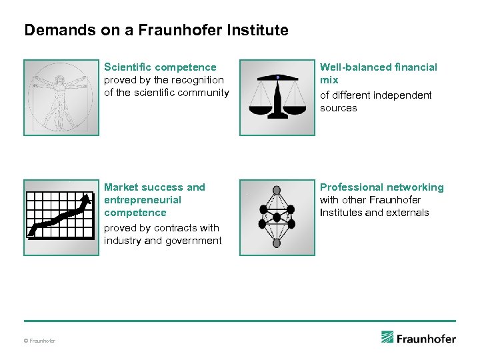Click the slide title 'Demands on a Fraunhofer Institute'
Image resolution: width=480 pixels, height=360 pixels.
[x=156, y=30]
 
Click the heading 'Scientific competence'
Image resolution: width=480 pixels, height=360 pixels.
[x=160, y=67]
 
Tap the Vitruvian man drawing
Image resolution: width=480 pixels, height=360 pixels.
[x=61, y=97]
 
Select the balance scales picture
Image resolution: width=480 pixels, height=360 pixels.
[x=277, y=97]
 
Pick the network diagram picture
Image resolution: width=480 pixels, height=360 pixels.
[x=277, y=217]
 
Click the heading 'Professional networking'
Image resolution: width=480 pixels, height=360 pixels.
[x=381, y=187]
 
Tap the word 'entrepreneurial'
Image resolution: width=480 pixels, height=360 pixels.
[x=143, y=200]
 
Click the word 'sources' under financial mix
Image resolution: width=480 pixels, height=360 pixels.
[x=338, y=108]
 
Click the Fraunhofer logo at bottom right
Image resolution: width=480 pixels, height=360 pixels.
[x=419, y=338]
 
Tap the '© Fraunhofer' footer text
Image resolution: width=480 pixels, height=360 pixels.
[x=40, y=341]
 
